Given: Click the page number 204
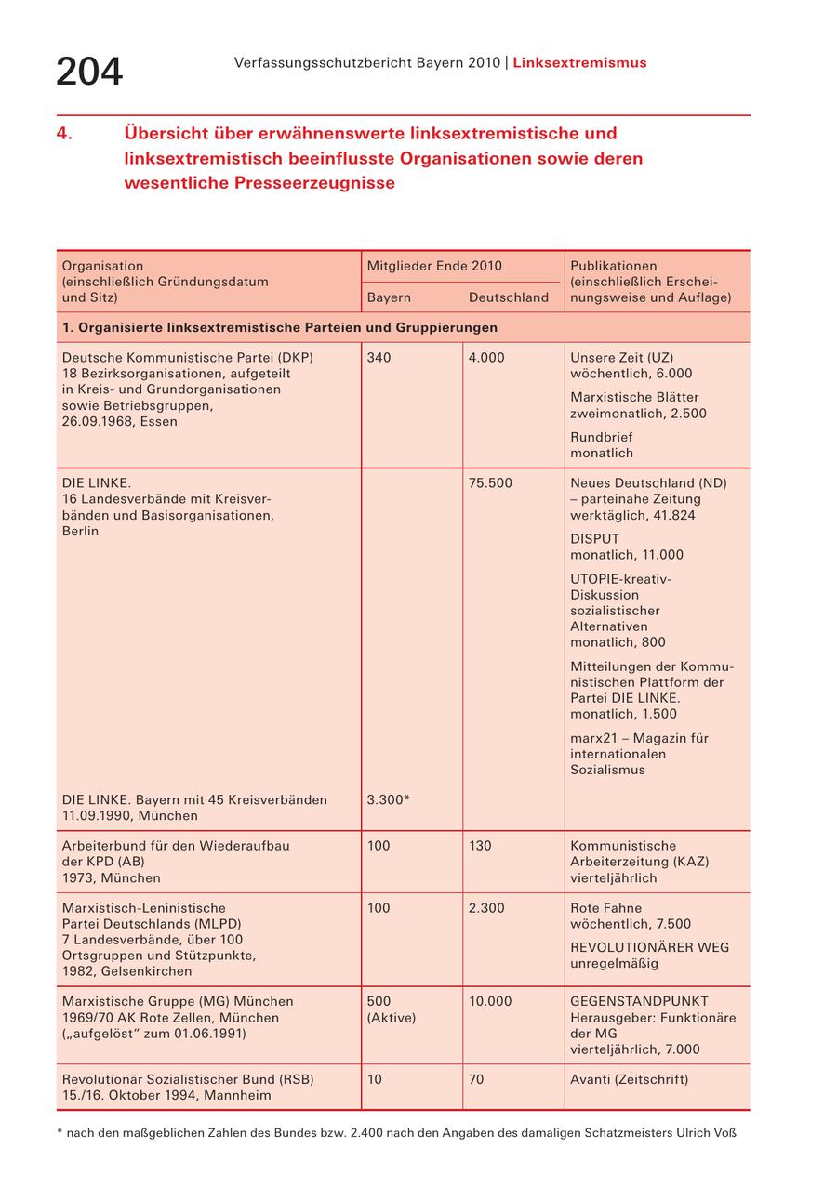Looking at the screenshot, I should (x=89, y=72).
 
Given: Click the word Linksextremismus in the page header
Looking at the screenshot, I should (x=579, y=63).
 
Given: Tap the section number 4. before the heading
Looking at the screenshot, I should (x=64, y=133).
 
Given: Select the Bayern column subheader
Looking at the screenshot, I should (x=389, y=297).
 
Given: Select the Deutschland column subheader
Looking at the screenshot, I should (x=509, y=297).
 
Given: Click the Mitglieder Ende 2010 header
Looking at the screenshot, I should (x=434, y=266).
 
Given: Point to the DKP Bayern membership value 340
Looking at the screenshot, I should (x=379, y=358).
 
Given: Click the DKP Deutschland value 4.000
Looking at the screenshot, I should (x=486, y=358).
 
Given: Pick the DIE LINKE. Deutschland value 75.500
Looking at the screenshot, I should (x=490, y=483).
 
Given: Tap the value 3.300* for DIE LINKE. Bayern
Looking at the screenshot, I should (x=389, y=799).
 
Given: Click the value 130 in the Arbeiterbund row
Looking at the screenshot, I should (x=480, y=846).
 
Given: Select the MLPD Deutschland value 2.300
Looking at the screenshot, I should (x=486, y=908).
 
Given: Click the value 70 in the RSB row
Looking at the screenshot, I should (x=476, y=1079).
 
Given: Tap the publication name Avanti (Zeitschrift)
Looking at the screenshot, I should (x=630, y=1079).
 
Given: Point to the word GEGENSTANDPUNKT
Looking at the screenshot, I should (x=639, y=1001).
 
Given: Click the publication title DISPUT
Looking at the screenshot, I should (x=594, y=539).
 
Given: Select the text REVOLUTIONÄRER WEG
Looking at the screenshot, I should (x=649, y=947).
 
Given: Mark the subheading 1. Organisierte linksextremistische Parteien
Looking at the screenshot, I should (x=279, y=327).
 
